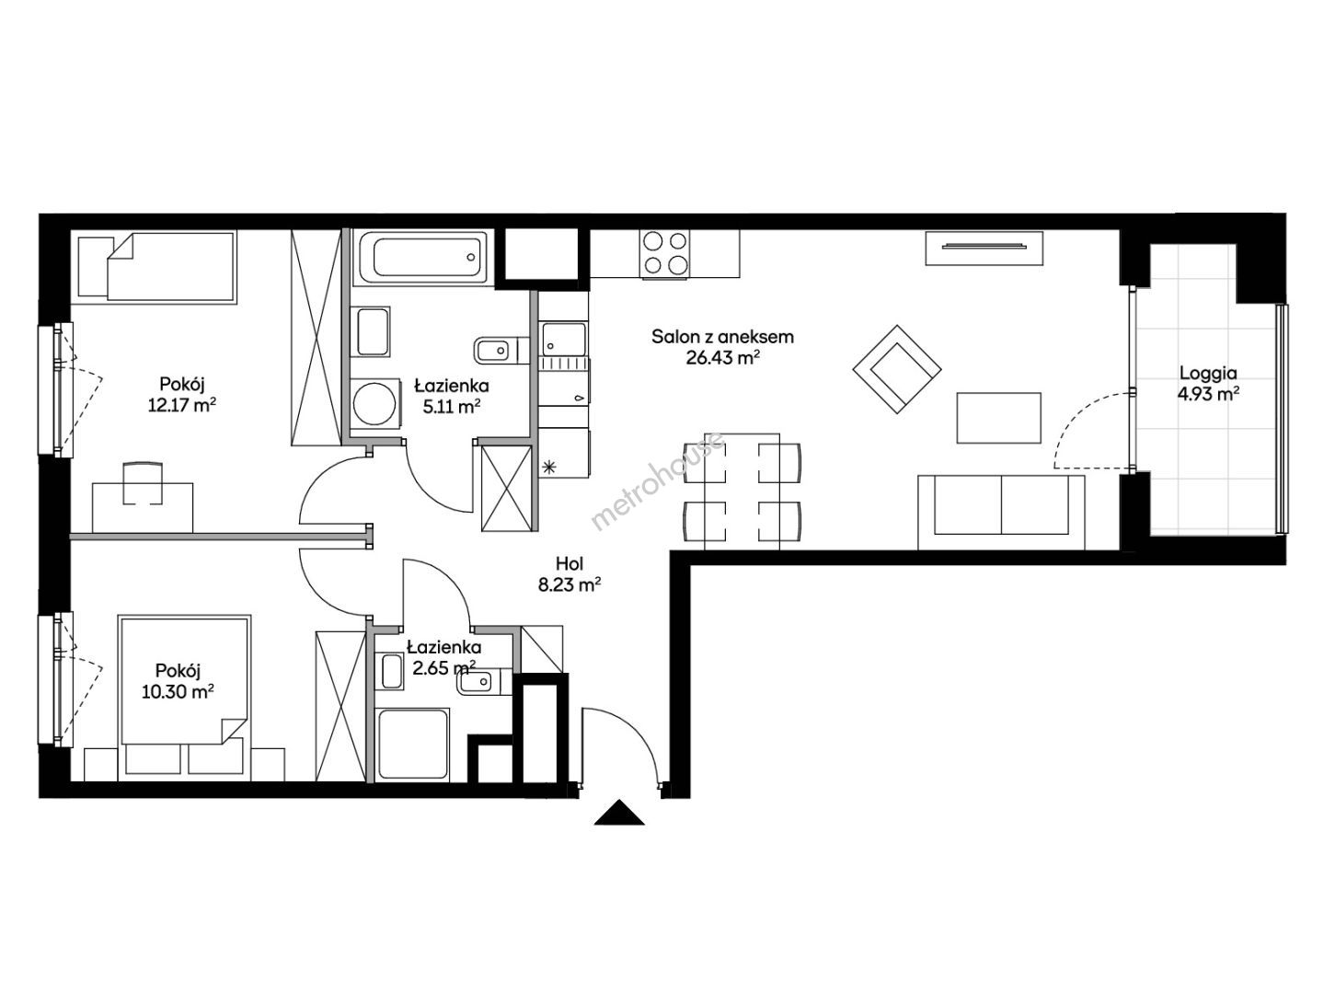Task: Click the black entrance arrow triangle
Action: [619, 815]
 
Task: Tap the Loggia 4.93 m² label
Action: [1208, 384]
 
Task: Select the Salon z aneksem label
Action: [722, 337]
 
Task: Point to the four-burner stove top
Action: [664, 253]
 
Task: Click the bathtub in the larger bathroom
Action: [426, 257]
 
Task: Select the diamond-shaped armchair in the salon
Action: [896, 369]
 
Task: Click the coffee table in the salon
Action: [999, 418]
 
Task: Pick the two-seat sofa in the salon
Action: [1001, 513]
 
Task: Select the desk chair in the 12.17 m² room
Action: [143, 482]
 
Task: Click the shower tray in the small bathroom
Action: [412, 745]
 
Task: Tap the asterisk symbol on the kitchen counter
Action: [548, 466]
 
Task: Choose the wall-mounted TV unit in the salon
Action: [984, 248]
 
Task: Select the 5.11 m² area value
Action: [452, 407]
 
